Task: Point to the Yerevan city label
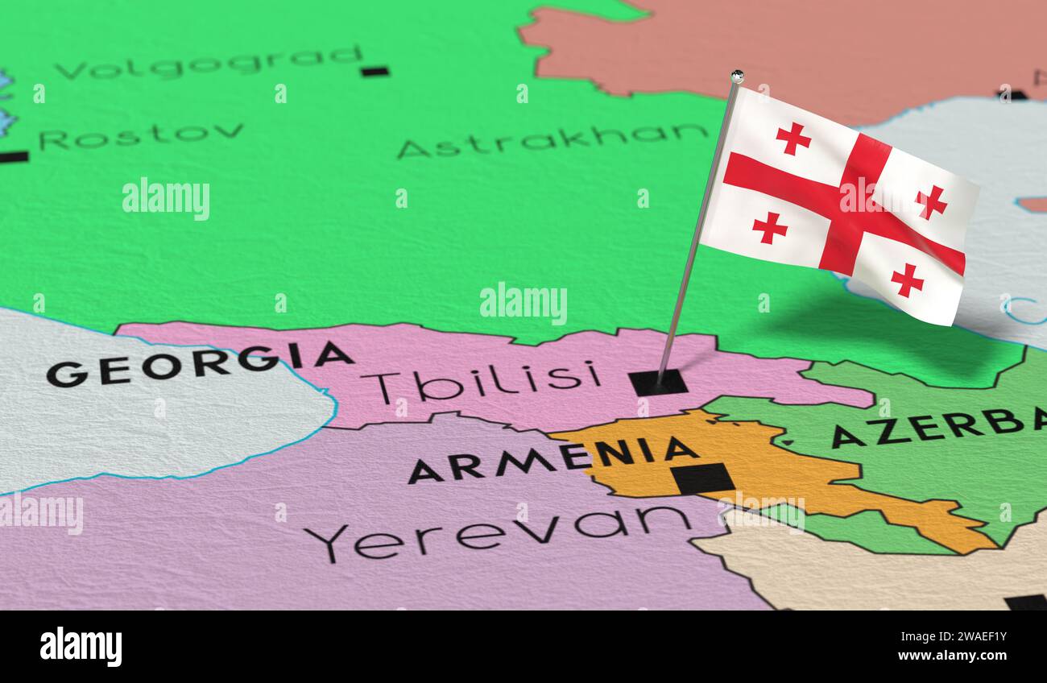[498, 532]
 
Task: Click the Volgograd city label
[209, 64]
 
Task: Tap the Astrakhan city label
[552, 140]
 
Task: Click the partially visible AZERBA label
[938, 427]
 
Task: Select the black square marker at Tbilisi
[658, 382]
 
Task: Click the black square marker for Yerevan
[702, 478]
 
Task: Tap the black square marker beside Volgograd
[375, 71]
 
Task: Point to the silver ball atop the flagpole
[736, 77]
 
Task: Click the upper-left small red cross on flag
[792, 139]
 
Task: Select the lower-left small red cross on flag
[769, 227]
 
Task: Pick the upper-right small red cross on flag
[931, 201]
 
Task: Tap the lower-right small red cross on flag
[907, 280]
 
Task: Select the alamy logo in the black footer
[81, 647]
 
